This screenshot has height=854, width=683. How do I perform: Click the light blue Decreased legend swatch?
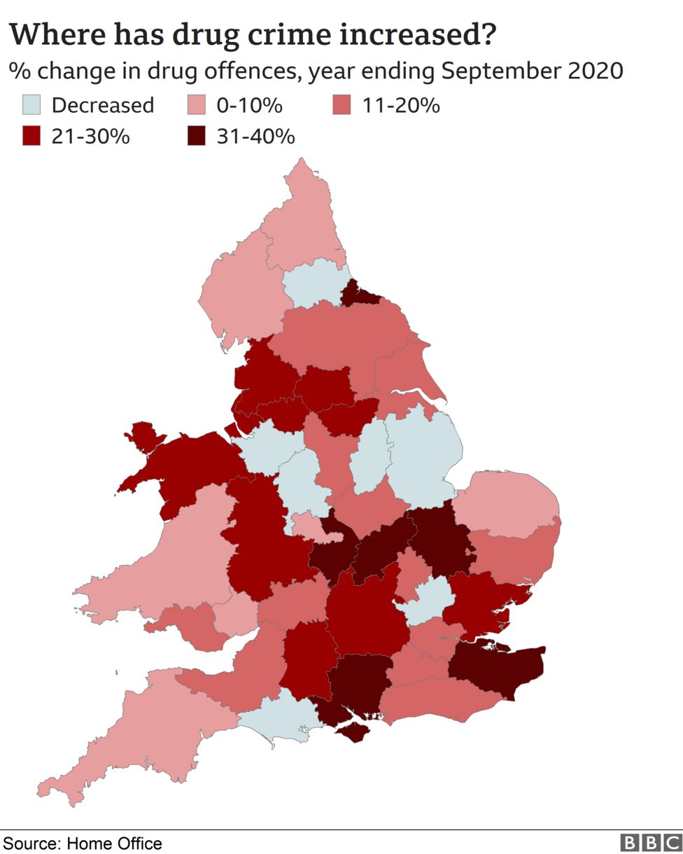click(32, 106)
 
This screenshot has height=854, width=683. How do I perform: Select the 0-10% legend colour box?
click(197, 106)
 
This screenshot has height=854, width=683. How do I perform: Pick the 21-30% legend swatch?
click(32, 136)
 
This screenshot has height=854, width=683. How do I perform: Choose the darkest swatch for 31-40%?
click(197, 136)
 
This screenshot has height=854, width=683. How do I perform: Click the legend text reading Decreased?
click(103, 106)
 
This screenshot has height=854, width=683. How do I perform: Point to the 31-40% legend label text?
click(255, 136)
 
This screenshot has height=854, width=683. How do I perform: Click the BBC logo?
click(651, 843)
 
